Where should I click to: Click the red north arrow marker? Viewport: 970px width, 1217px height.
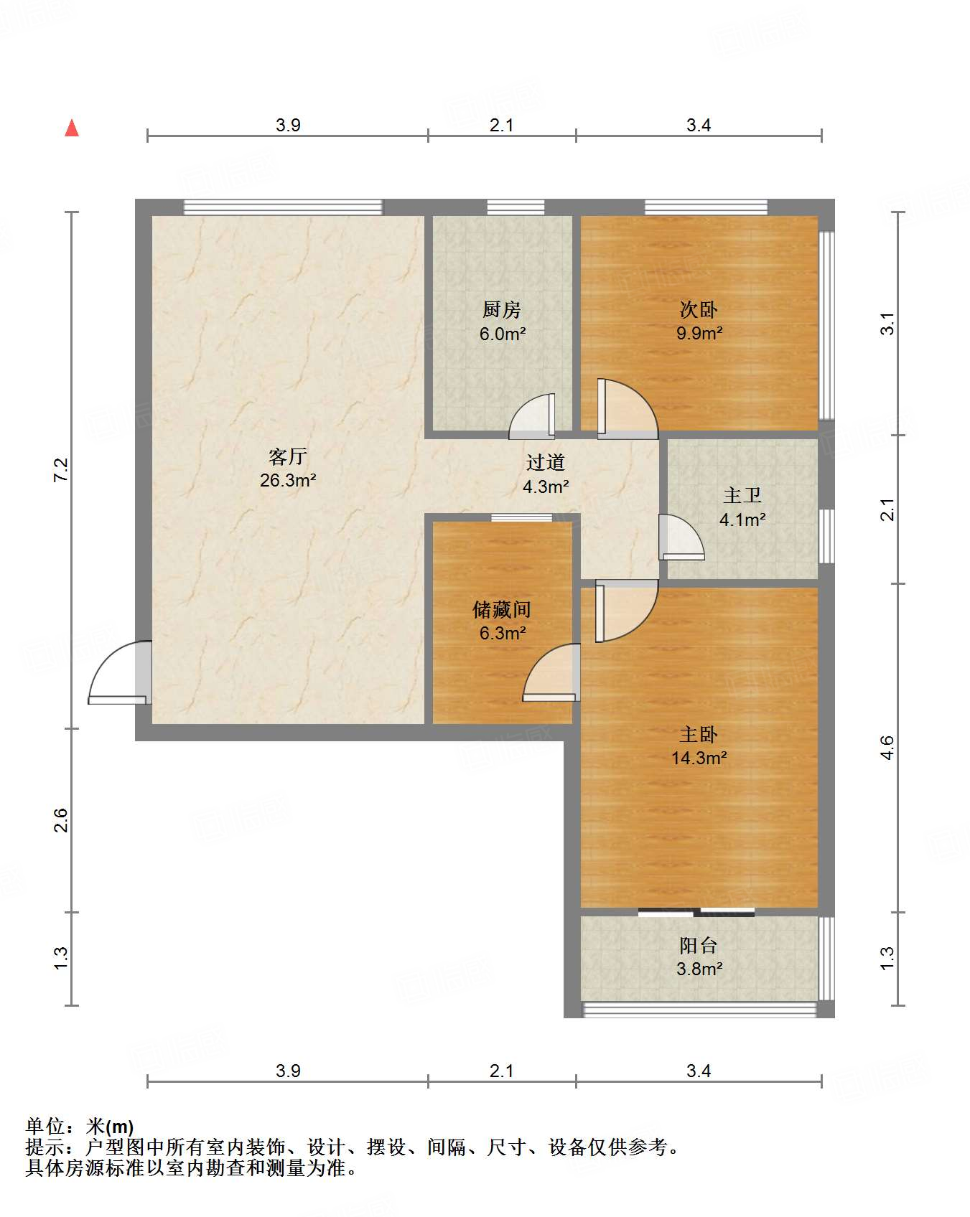(x=72, y=128)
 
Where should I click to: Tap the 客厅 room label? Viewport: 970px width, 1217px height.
(x=288, y=456)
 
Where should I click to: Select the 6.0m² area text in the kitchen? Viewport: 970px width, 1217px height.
(x=503, y=334)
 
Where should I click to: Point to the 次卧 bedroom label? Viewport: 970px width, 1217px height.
(x=699, y=309)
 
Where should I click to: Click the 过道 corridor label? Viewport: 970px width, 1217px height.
(x=546, y=463)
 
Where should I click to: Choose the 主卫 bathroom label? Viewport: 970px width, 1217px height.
(x=742, y=496)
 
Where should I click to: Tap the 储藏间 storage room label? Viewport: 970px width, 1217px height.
(x=502, y=610)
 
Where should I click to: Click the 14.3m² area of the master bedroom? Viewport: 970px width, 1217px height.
(x=699, y=758)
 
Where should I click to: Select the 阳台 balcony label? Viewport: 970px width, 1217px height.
(x=699, y=946)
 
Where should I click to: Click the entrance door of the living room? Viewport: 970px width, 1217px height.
(x=120, y=672)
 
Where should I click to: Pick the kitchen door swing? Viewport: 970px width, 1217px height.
(x=532, y=416)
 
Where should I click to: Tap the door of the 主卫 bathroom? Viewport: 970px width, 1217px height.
(x=681, y=537)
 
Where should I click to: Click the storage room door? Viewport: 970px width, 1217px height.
(x=551, y=672)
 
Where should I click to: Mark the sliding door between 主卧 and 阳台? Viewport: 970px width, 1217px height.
(x=696, y=912)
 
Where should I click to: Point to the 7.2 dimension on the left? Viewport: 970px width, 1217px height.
(x=62, y=470)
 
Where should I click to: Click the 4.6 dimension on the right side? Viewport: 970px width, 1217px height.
(x=888, y=748)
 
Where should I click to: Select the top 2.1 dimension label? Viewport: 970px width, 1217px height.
(x=502, y=125)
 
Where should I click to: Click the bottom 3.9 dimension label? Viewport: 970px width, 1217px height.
(x=288, y=1071)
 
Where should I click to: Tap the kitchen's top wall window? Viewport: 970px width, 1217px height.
(x=516, y=207)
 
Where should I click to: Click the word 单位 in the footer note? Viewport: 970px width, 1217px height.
(x=45, y=1127)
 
